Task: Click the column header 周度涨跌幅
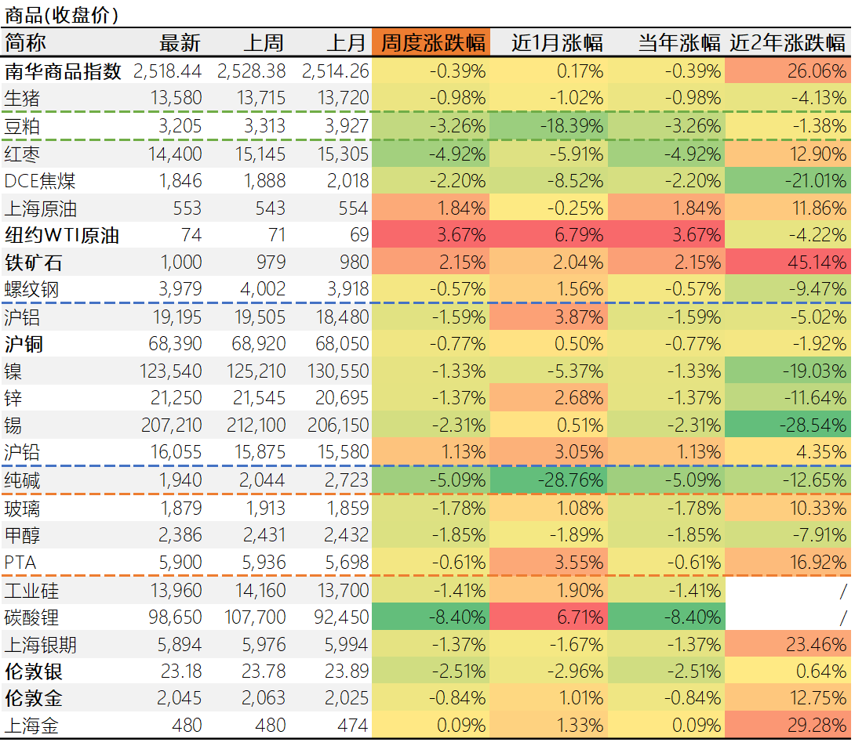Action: [433, 42]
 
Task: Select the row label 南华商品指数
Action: [64, 71]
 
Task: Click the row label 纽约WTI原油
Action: [62, 234]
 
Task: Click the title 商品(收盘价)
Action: [61, 15]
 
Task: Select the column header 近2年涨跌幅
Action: [788, 42]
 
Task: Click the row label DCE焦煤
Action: [40, 181]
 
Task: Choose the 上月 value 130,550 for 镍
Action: [337, 371]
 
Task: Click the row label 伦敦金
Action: [34, 697]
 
